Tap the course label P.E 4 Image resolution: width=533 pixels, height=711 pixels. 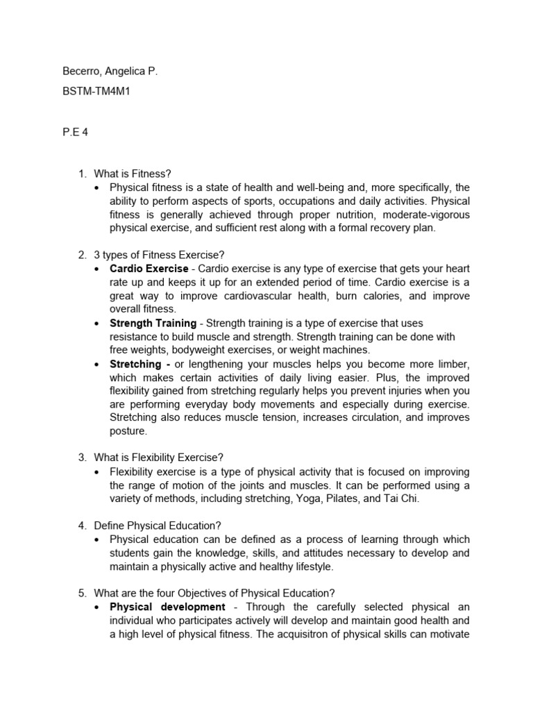(x=75, y=133)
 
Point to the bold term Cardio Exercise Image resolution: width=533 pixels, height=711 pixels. (x=149, y=269)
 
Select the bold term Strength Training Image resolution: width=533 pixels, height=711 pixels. (x=153, y=324)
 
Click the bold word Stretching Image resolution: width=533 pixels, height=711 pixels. (x=135, y=365)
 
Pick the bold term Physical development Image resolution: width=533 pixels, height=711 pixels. (x=167, y=607)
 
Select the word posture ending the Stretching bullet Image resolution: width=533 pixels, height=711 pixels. (x=128, y=430)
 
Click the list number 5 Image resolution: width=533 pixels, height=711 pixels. (x=81, y=593)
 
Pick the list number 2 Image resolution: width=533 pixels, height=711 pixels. (x=81, y=256)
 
